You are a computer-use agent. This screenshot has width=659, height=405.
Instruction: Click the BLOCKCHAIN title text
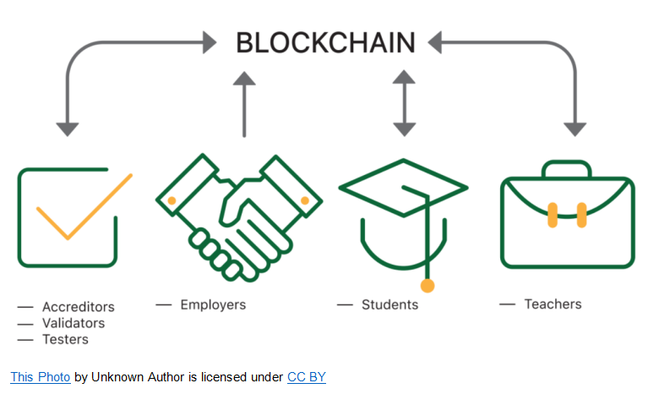click(325, 42)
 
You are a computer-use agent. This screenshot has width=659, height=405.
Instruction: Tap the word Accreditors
click(78, 307)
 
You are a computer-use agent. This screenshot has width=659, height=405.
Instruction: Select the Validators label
click(74, 323)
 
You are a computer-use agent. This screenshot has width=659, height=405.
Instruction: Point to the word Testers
click(65, 339)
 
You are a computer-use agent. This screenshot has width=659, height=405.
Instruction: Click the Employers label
click(213, 304)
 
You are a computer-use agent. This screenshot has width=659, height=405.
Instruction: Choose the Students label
click(389, 304)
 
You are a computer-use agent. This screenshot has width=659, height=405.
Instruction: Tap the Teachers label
click(553, 304)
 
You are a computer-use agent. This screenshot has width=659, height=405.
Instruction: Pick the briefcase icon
click(566, 218)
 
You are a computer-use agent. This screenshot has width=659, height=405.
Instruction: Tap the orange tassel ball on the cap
click(428, 286)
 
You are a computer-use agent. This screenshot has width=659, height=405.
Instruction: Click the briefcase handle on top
click(566, 168)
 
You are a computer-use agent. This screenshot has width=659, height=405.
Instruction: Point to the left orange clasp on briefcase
click(553, 215)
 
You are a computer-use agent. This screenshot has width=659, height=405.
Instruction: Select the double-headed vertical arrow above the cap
click(404, 103)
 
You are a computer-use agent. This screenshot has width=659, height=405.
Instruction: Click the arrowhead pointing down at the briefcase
click(575, 129)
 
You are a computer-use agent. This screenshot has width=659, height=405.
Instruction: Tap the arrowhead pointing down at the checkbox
click(68, 129)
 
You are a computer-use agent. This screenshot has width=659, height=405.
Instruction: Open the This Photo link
click(40, 377)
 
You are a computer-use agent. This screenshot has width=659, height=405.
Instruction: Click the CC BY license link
click(306, 377)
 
